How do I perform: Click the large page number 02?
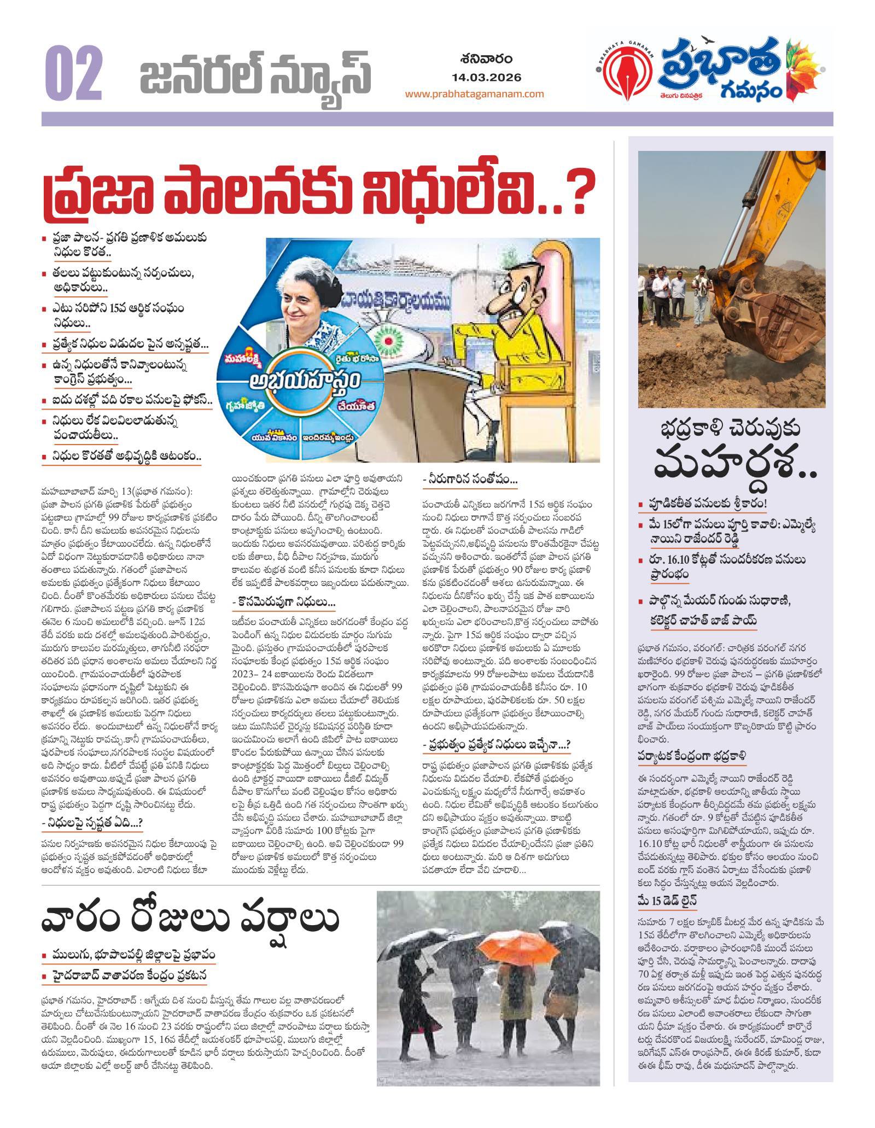74,73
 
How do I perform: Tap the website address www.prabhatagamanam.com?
474,93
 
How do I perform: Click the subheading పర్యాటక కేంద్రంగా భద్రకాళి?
691,756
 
